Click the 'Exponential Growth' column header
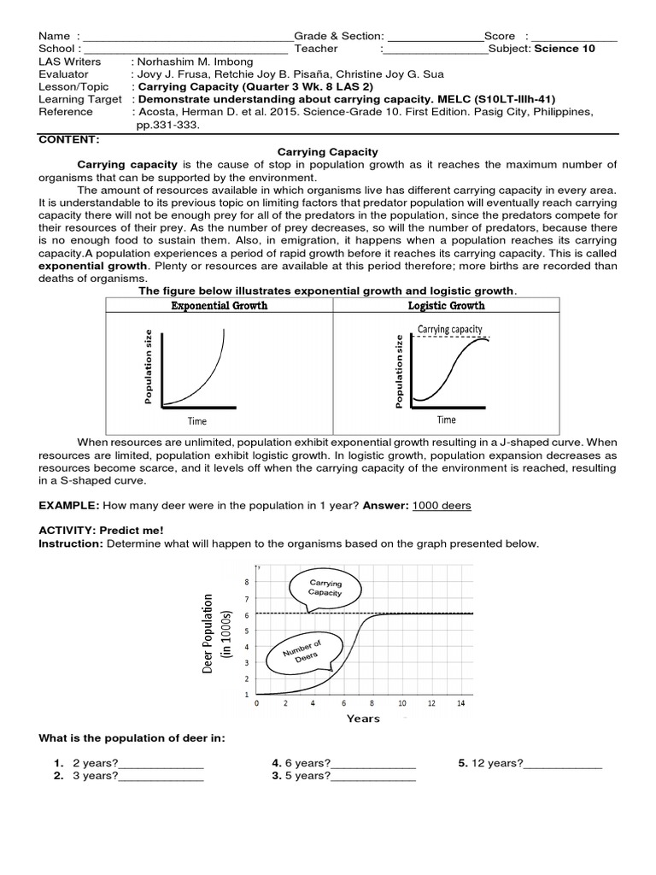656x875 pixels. coord(219,305)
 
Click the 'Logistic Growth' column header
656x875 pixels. coord(447,305)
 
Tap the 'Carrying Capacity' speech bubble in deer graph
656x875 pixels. coord(325,588)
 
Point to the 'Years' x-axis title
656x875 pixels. coord(363,719)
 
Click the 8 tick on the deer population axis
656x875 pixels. coord(247,582)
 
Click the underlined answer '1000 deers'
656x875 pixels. coord(442,506)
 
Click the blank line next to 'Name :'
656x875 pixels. coord(187,37)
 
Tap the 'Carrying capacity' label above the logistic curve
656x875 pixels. coord(450,329)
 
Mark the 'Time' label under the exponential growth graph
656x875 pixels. coord(197,420)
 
